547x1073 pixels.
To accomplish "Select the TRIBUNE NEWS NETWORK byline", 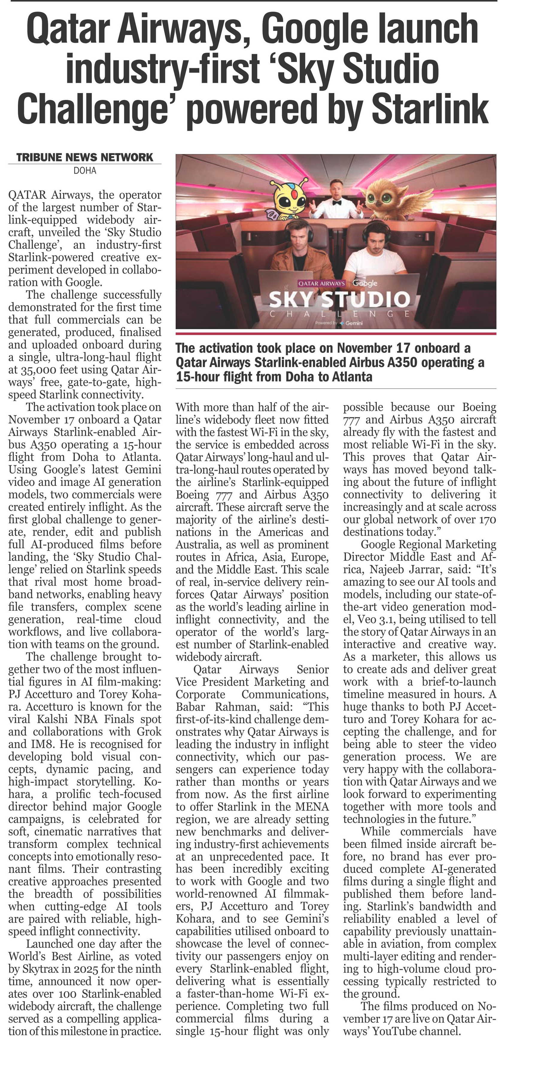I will [85, 157].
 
